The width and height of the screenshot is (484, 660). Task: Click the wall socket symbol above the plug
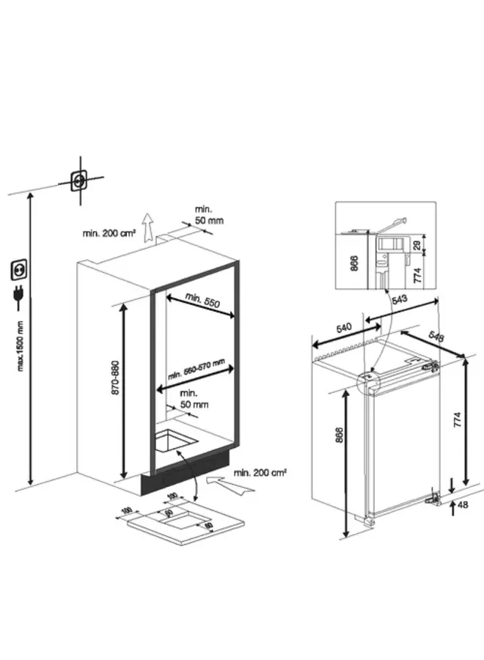click(15, 271)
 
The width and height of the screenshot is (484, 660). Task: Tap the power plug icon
click(15, 296)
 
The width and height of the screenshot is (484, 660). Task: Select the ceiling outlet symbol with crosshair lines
click(77, 179)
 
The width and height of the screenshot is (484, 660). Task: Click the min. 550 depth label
click(203, 300)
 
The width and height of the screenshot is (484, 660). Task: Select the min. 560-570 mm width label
click(195, 370)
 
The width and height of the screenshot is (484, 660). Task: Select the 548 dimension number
click(436, 337)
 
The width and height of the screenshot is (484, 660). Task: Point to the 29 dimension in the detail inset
click(417, 245)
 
